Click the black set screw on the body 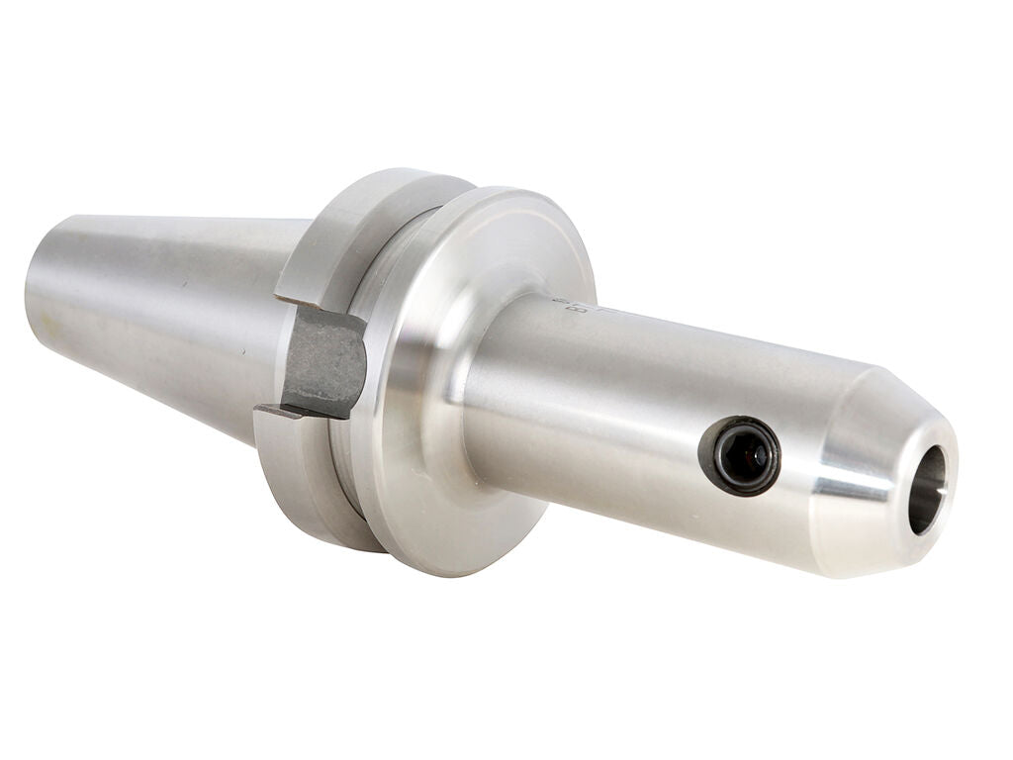pyautogui.click(x=739, y=456)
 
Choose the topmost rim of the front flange pyautogui.click(x=514, y=193)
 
